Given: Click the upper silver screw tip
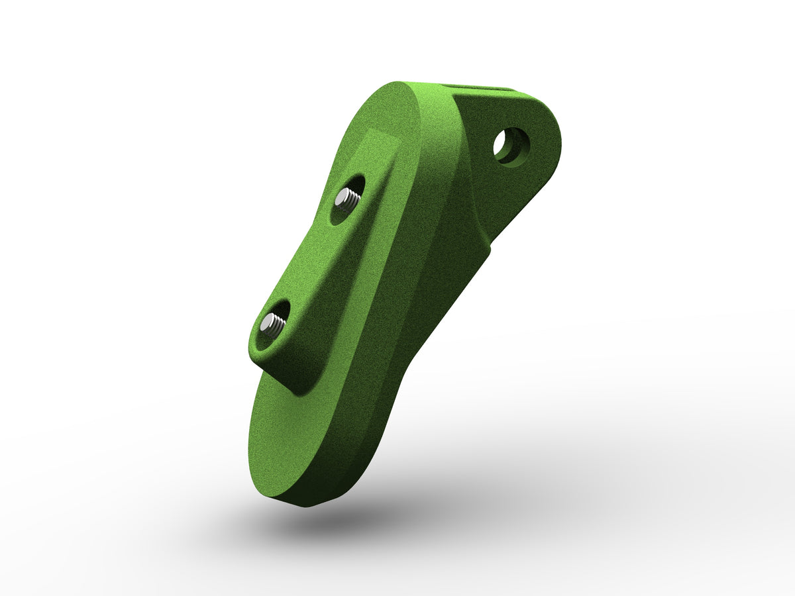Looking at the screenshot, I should coord(347,197).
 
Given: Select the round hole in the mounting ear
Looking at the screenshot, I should coord(511,146).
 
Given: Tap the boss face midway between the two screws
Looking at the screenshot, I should coord(311,262).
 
